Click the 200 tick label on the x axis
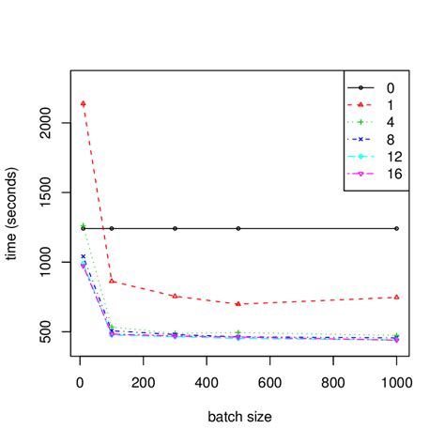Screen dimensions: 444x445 click(144, 382)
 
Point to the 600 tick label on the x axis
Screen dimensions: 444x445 click(270, 382)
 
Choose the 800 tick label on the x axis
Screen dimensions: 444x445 click(333, 382)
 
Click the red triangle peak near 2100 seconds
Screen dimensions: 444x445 click(84, 103)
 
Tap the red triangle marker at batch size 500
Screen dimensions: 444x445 click(238, 304)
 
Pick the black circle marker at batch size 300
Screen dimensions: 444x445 click(175, 228)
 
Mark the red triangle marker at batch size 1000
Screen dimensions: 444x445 click(396, 297)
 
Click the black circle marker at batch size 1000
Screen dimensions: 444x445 click(396, 228)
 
